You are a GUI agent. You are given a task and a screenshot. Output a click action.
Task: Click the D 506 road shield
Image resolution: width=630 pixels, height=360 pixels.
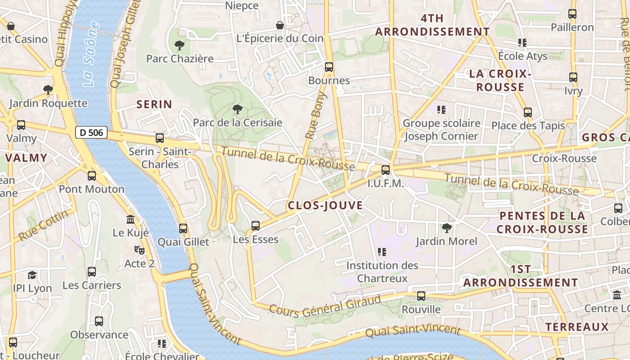(91, 132)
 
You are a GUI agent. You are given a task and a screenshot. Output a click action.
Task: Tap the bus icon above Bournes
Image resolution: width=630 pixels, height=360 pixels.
(329, 67)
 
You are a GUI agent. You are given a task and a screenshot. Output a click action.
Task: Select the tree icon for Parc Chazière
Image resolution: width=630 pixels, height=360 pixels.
(179, 45)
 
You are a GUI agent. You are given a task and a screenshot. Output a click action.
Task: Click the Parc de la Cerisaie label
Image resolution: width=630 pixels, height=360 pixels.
(237, 122)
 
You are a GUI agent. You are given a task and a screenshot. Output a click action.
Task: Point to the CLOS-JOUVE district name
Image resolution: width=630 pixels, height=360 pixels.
(325, 206)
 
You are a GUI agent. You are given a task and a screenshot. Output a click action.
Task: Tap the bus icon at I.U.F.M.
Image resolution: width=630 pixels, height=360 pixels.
(385, 170)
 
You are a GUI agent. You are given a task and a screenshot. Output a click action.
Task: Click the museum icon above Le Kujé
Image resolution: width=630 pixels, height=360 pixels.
(130, 219)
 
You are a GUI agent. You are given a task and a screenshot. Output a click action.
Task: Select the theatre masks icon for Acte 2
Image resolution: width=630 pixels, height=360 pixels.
(139, 250)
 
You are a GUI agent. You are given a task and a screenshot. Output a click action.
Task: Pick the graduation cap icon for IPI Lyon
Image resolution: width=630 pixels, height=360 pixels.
(32, 274)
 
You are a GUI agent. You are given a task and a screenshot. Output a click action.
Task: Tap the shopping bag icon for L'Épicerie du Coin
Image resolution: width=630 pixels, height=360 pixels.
(280, 25)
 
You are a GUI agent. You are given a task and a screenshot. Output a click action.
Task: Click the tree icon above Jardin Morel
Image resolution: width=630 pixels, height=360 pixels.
(446, 228)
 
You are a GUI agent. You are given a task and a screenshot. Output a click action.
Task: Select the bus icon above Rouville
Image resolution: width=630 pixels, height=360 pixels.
(421, 296)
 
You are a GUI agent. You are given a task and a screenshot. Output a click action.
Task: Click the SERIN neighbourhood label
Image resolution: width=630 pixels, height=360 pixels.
(154, 104)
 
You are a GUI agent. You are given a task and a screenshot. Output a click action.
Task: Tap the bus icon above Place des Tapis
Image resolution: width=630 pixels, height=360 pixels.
(527, 112)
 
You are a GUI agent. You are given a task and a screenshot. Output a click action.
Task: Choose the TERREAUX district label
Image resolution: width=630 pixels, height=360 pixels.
(576, 327)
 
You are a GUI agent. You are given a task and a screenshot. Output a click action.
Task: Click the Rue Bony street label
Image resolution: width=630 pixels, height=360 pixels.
(315, 116)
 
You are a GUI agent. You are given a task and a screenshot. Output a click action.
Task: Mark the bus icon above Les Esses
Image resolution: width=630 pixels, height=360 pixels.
(255, 225)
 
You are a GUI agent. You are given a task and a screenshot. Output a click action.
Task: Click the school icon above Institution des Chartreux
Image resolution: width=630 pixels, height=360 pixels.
(382, 252)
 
